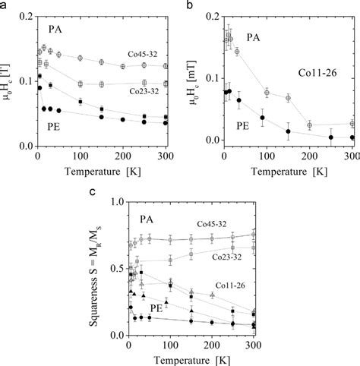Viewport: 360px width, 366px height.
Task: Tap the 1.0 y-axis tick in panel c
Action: (x=115, y=202)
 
